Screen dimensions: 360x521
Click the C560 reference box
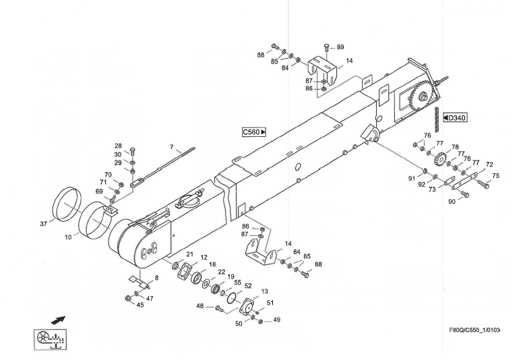click(x=254, y=132)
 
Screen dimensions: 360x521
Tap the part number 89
click(x=340, y=47)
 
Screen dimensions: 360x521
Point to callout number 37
click(x=44, y=223)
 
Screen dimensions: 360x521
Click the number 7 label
click(x=171, y=146)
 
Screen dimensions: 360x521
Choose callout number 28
click(x=117, y=146)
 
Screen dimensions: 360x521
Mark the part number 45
click(x=140, y=305)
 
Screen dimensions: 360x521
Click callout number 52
click(x=248, y=285)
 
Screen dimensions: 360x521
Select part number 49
click(x=276, y=320)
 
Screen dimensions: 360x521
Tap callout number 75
click(x=496, y=176)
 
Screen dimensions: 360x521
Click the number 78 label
click(x=455, y=147)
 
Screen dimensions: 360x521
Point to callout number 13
click(x=265, y=291)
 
